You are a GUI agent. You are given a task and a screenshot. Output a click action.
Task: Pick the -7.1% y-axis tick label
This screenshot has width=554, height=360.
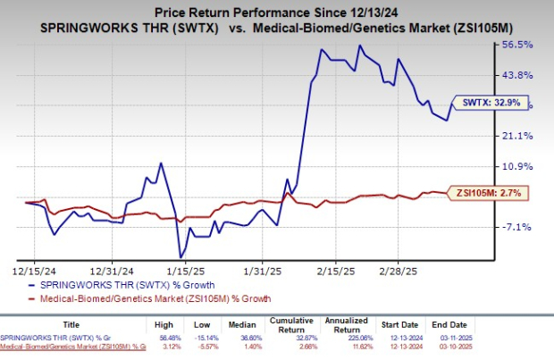coord(517,227)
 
